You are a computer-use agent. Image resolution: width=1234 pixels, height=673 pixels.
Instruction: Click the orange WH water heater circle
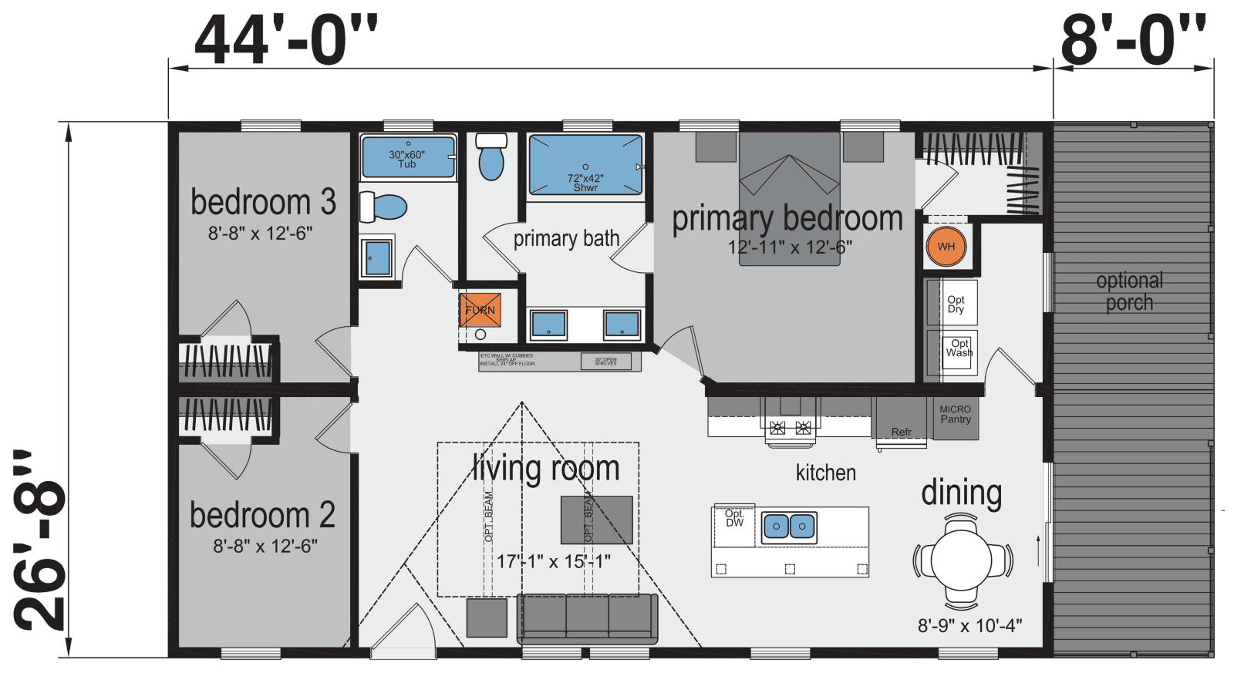click(x=946, y=247)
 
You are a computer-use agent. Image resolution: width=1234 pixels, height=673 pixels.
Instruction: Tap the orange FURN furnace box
click(x=480, y=310)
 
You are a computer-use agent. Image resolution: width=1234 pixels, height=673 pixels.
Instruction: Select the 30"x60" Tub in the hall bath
click(x=408, y=157)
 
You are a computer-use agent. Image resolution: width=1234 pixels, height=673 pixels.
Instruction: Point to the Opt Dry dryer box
click(x=956, y=304)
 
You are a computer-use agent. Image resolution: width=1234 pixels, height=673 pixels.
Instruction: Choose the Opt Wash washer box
click(x=959, y=349)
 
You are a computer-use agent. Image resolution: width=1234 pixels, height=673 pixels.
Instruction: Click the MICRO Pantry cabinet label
click(x=956, y=415)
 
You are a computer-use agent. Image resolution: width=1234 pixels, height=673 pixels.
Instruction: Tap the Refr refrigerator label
click(x=901, y=431)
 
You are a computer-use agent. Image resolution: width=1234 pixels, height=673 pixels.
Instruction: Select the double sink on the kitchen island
click(x=789, y=527)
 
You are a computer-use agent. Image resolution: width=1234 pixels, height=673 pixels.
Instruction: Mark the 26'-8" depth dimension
click(x=40, y=540)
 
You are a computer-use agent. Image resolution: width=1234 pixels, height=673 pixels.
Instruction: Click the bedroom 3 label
click(x=263, y=202)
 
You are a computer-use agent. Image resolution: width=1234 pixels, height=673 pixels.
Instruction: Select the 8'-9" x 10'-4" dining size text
click(x=969, y=625)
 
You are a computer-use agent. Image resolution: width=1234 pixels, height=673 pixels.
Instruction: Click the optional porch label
click(x=1129, y=291)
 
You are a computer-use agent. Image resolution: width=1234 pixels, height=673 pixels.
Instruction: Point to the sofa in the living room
click(x=587, y=617)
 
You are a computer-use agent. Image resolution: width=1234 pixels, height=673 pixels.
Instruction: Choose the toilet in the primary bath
click(x=491, y=157)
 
